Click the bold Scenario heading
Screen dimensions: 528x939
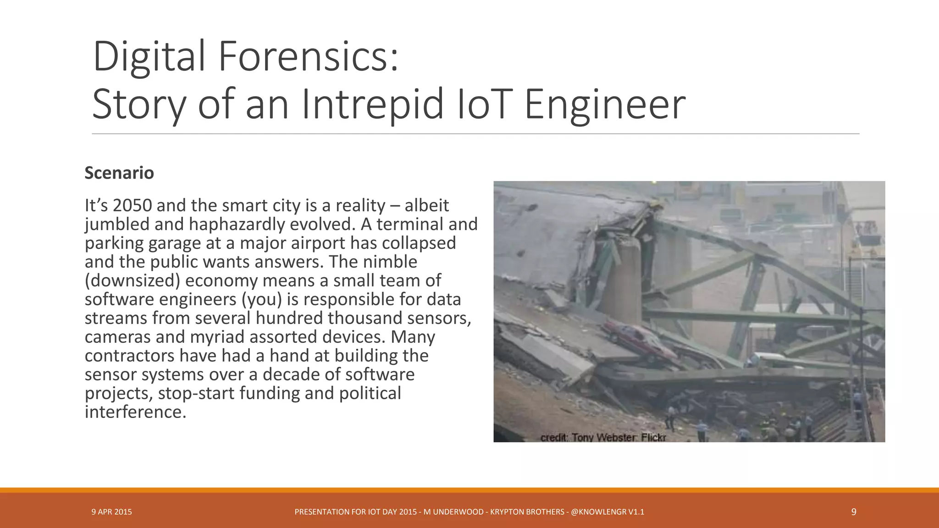119,173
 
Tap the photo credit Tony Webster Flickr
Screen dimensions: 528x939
603,437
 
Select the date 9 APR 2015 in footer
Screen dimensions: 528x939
111,512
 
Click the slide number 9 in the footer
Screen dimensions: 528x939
853,512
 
